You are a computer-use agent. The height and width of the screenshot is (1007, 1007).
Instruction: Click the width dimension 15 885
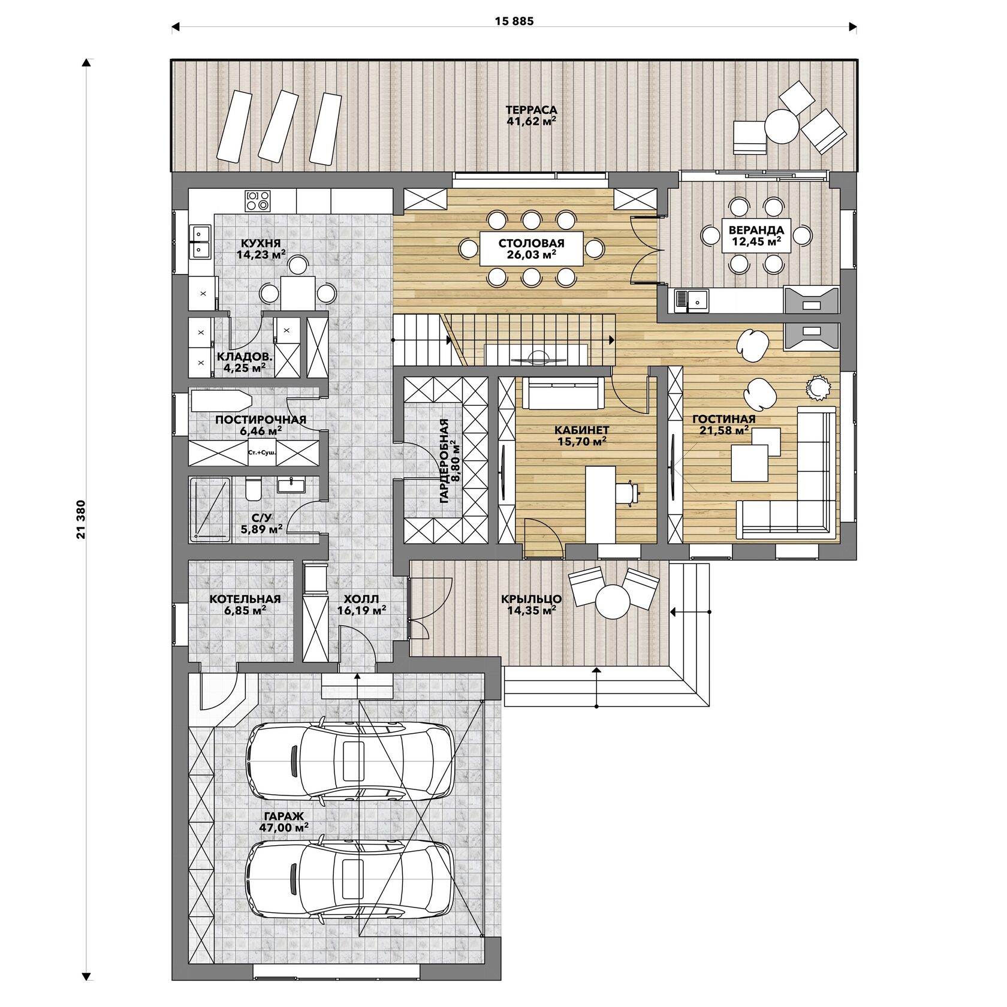[514, 22]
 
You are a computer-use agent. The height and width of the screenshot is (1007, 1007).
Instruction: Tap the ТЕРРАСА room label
[531, 110]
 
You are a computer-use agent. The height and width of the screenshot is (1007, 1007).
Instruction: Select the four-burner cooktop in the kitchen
[258, 200]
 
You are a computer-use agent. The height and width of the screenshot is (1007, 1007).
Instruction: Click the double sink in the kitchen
[201, 242]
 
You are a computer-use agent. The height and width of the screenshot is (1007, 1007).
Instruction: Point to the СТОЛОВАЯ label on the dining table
[531, 243]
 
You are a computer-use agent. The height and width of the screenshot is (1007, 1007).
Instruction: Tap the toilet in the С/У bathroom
[253, 490]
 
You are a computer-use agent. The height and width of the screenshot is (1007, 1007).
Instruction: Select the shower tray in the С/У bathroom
[210, 509]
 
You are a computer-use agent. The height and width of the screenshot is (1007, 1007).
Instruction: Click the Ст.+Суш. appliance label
[262, 453]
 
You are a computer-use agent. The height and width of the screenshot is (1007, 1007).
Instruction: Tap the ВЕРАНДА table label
[756, 230]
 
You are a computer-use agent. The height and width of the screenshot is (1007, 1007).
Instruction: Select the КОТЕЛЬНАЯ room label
[245, 599]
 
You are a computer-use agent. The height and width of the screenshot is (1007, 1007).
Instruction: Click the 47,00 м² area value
[284, 828]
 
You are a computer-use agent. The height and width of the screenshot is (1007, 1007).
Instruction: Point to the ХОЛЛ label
[361, 599]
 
